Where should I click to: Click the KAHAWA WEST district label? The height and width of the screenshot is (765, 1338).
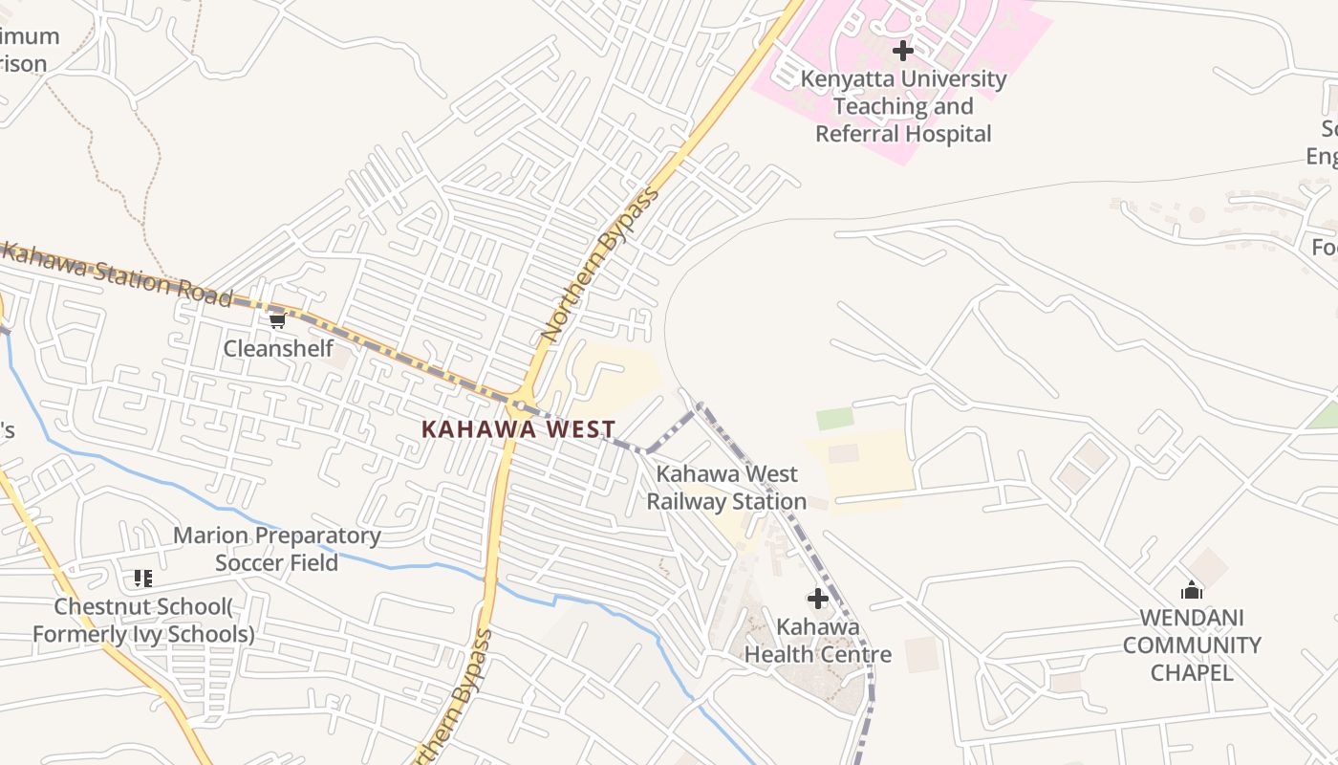[x=519, y=430]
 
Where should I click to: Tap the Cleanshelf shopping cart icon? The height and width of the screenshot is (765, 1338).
[x=277, y=320]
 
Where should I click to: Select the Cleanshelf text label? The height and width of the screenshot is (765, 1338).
[x=278, y=348]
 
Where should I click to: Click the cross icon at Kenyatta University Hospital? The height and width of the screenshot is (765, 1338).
[x=902, y=50]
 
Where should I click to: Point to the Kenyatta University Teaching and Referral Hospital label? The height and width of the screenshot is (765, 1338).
[x=903, y=106]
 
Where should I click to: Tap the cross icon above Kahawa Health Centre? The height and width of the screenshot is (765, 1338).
[x=818, y=599]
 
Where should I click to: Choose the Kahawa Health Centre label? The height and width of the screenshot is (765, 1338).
[x=818, y=641]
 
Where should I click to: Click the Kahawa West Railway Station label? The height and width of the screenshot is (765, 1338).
[x=726, y=488]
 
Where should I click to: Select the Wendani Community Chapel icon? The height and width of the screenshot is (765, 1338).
[x=1192, y=590]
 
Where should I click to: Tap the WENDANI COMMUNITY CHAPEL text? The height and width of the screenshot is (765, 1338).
[x=1192, y=645]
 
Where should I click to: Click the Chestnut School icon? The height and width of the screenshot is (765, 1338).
[x=143, y=578]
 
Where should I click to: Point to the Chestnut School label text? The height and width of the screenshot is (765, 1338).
[x=143, y=620]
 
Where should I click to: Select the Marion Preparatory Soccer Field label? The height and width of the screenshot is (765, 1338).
[x=276, y=549]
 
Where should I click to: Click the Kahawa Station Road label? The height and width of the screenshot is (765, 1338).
[x=117, y=274]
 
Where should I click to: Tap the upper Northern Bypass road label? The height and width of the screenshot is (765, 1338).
[x=600, y=266]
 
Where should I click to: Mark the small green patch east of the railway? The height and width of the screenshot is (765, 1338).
[x=834, y=419]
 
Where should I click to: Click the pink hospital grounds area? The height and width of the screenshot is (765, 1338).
[x=1013, y=38]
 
